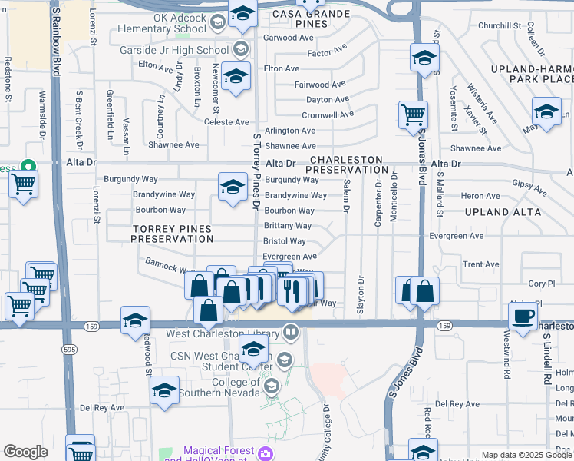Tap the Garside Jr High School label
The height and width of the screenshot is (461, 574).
(174, 50)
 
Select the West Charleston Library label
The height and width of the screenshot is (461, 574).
(223, 334)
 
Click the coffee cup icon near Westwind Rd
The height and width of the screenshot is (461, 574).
(523, 316)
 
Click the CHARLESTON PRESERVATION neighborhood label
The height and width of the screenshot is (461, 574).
(348, 164)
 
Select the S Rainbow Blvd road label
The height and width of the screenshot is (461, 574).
(56, 38)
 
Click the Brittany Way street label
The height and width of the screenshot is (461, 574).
(288, 226)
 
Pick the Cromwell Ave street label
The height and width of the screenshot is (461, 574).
(328, 114)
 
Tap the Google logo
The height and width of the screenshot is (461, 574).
(25, 452)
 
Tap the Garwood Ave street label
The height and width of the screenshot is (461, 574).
(289, 38)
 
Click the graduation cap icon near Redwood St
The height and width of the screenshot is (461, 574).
(135, 320)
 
